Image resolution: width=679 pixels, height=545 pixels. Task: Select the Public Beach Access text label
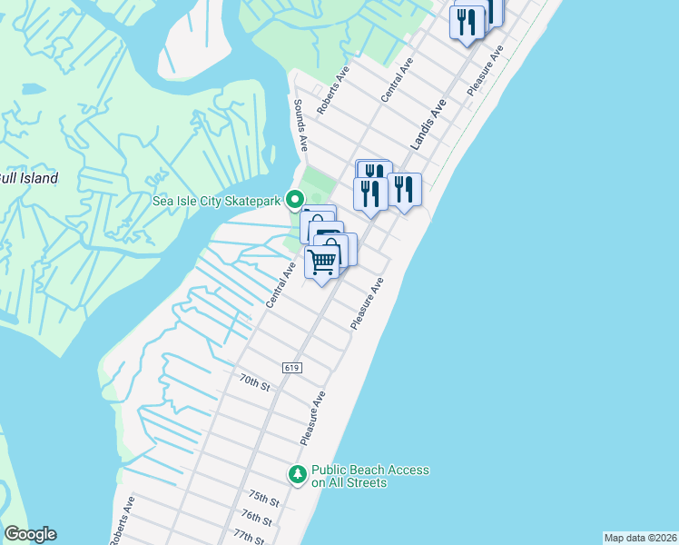(x=369, y=476)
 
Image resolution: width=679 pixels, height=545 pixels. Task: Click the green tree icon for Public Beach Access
(x=297, y=474)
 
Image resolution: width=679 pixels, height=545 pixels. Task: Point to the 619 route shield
(x=291, y=367)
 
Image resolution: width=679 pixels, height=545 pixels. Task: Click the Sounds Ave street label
(x=300, y=127)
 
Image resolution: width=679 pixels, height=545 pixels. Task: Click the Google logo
(x=30, y=534)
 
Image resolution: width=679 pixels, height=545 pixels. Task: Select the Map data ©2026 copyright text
(x=640, y=538)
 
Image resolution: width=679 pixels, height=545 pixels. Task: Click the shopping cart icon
(x=322, y=262)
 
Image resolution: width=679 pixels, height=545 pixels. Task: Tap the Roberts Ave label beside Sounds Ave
(x=332, y=93)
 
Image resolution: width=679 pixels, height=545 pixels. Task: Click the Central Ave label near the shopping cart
(x=280, y=283)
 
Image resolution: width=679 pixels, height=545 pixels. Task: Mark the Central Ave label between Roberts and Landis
(x=398, y=79)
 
